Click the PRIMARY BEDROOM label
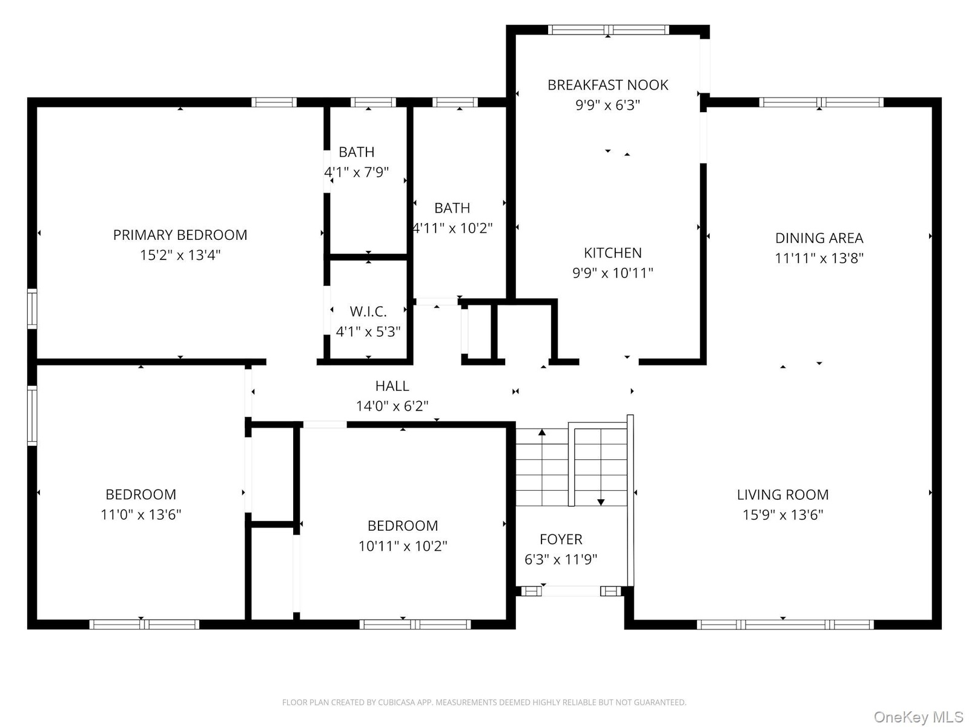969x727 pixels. pos(180,235)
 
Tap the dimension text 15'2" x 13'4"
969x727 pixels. pos(180,255)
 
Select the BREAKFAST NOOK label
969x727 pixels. pos(608,85)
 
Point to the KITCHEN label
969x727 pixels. pos(613,253)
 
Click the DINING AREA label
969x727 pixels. pos(819,238)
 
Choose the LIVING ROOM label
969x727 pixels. pos(782,494)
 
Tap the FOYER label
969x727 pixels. pos(561,539)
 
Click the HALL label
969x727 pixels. pos(392,386)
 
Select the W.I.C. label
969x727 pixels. pos(368,311)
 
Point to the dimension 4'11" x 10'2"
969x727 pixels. pos(452,228)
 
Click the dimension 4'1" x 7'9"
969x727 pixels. pos(357,172)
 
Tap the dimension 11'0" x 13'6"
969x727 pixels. pos(141,515)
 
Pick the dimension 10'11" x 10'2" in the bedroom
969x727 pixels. pos(403,546)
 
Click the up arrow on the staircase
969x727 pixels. pos(542,468)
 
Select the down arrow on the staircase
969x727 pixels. pos(601,468)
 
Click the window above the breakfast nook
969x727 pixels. pos(609,30)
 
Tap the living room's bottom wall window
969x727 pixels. pos(785,625)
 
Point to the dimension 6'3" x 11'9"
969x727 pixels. pos(561,559)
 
